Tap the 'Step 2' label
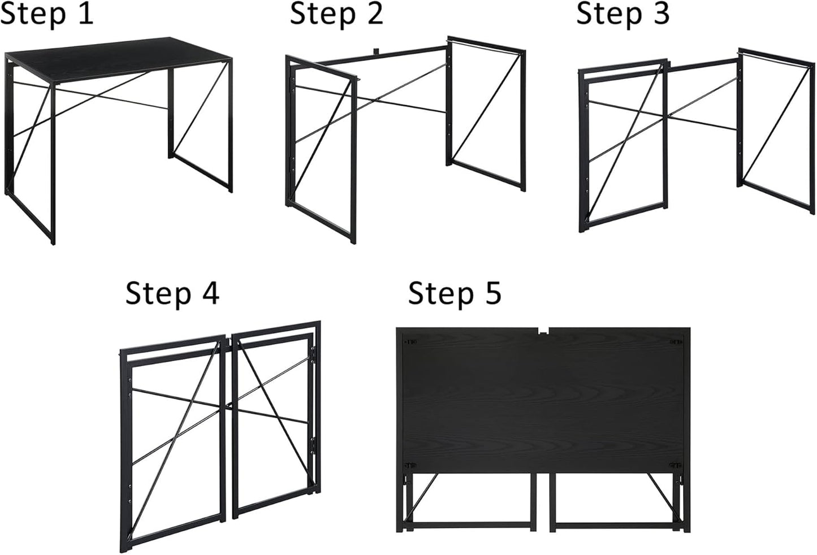[x=336, y=14]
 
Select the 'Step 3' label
[x=623, y=14]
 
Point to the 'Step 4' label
[x=172, y=293]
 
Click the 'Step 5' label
[x=455, y=293]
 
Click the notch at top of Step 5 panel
[x=543, y=331]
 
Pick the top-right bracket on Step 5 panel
[x=676, y=341]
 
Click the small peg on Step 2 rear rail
[x=375, y=51]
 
